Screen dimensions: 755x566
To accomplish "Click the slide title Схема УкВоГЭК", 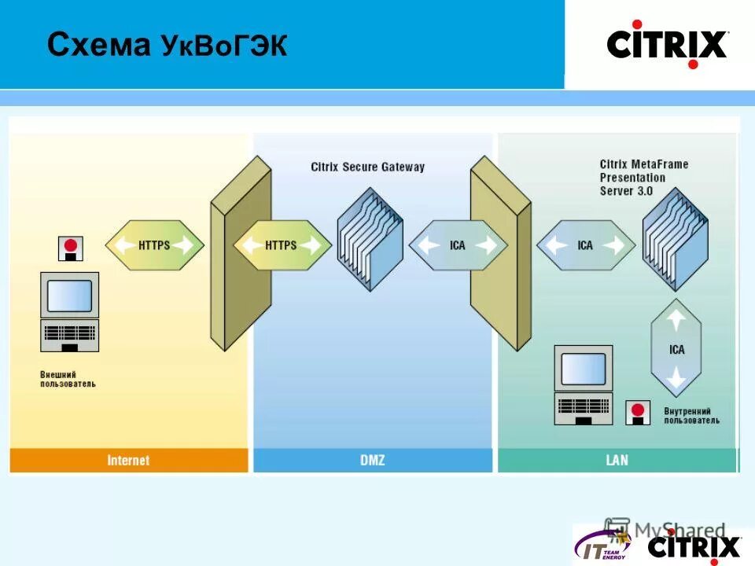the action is click(167, 46).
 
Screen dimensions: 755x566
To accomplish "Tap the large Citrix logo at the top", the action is click(668, 44).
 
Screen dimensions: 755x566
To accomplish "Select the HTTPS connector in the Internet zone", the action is click(154, 245).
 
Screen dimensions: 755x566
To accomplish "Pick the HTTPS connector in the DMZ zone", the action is click(282, 245).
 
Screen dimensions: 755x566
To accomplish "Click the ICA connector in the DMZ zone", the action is click(458, 245).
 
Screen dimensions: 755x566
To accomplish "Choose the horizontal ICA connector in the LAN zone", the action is click(585, 245).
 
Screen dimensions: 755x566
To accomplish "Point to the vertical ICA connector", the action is click(676, 349).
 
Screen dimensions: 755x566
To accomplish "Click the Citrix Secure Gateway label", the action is click(367, 167).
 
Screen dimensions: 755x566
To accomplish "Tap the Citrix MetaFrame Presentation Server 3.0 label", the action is click(643, 177).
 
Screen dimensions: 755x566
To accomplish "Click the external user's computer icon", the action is click(69, 311).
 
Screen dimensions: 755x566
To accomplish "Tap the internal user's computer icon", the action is click(583, 384).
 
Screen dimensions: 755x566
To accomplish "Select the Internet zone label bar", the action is click(128, 460).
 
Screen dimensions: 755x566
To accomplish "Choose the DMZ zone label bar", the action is click(372, 460).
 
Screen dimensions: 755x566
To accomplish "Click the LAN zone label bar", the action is click(617, 460).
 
